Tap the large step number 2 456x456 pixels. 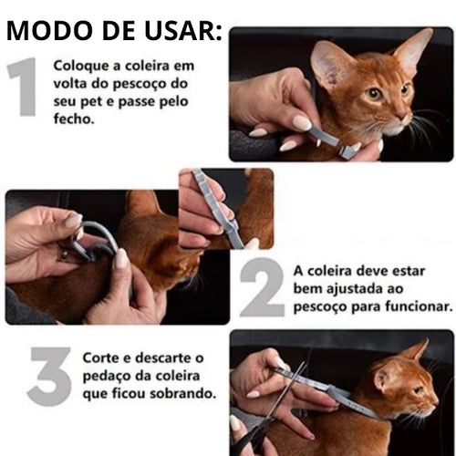tap(263, 290)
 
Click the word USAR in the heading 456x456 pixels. tap(179, 32)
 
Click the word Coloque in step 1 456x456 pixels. tap(79, 67)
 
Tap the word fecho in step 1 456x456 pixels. tap(74, 119)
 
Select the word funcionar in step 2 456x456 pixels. tap(418, 306)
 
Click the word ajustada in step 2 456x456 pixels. tap(351, 289)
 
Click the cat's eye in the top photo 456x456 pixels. tap(374, 93)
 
